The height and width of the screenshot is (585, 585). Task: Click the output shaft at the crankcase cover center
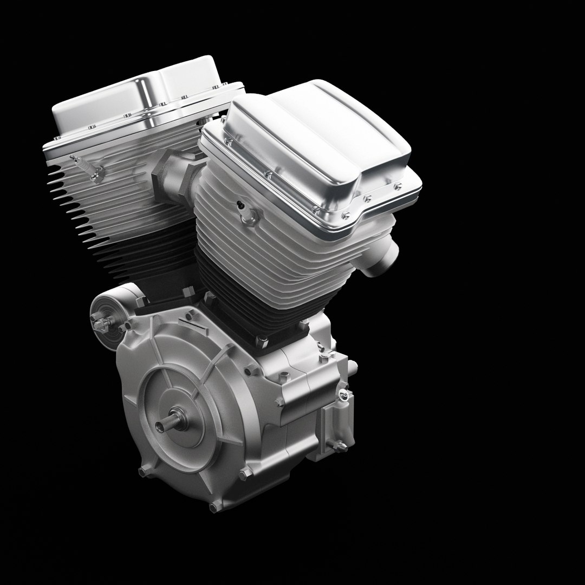(x=165, y=424)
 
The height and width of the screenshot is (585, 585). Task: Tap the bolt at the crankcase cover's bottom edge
(x=216, y=507)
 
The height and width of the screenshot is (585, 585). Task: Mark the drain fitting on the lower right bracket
(x=340, y=446)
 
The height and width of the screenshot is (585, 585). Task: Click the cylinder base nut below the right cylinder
(x=262, y=342)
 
